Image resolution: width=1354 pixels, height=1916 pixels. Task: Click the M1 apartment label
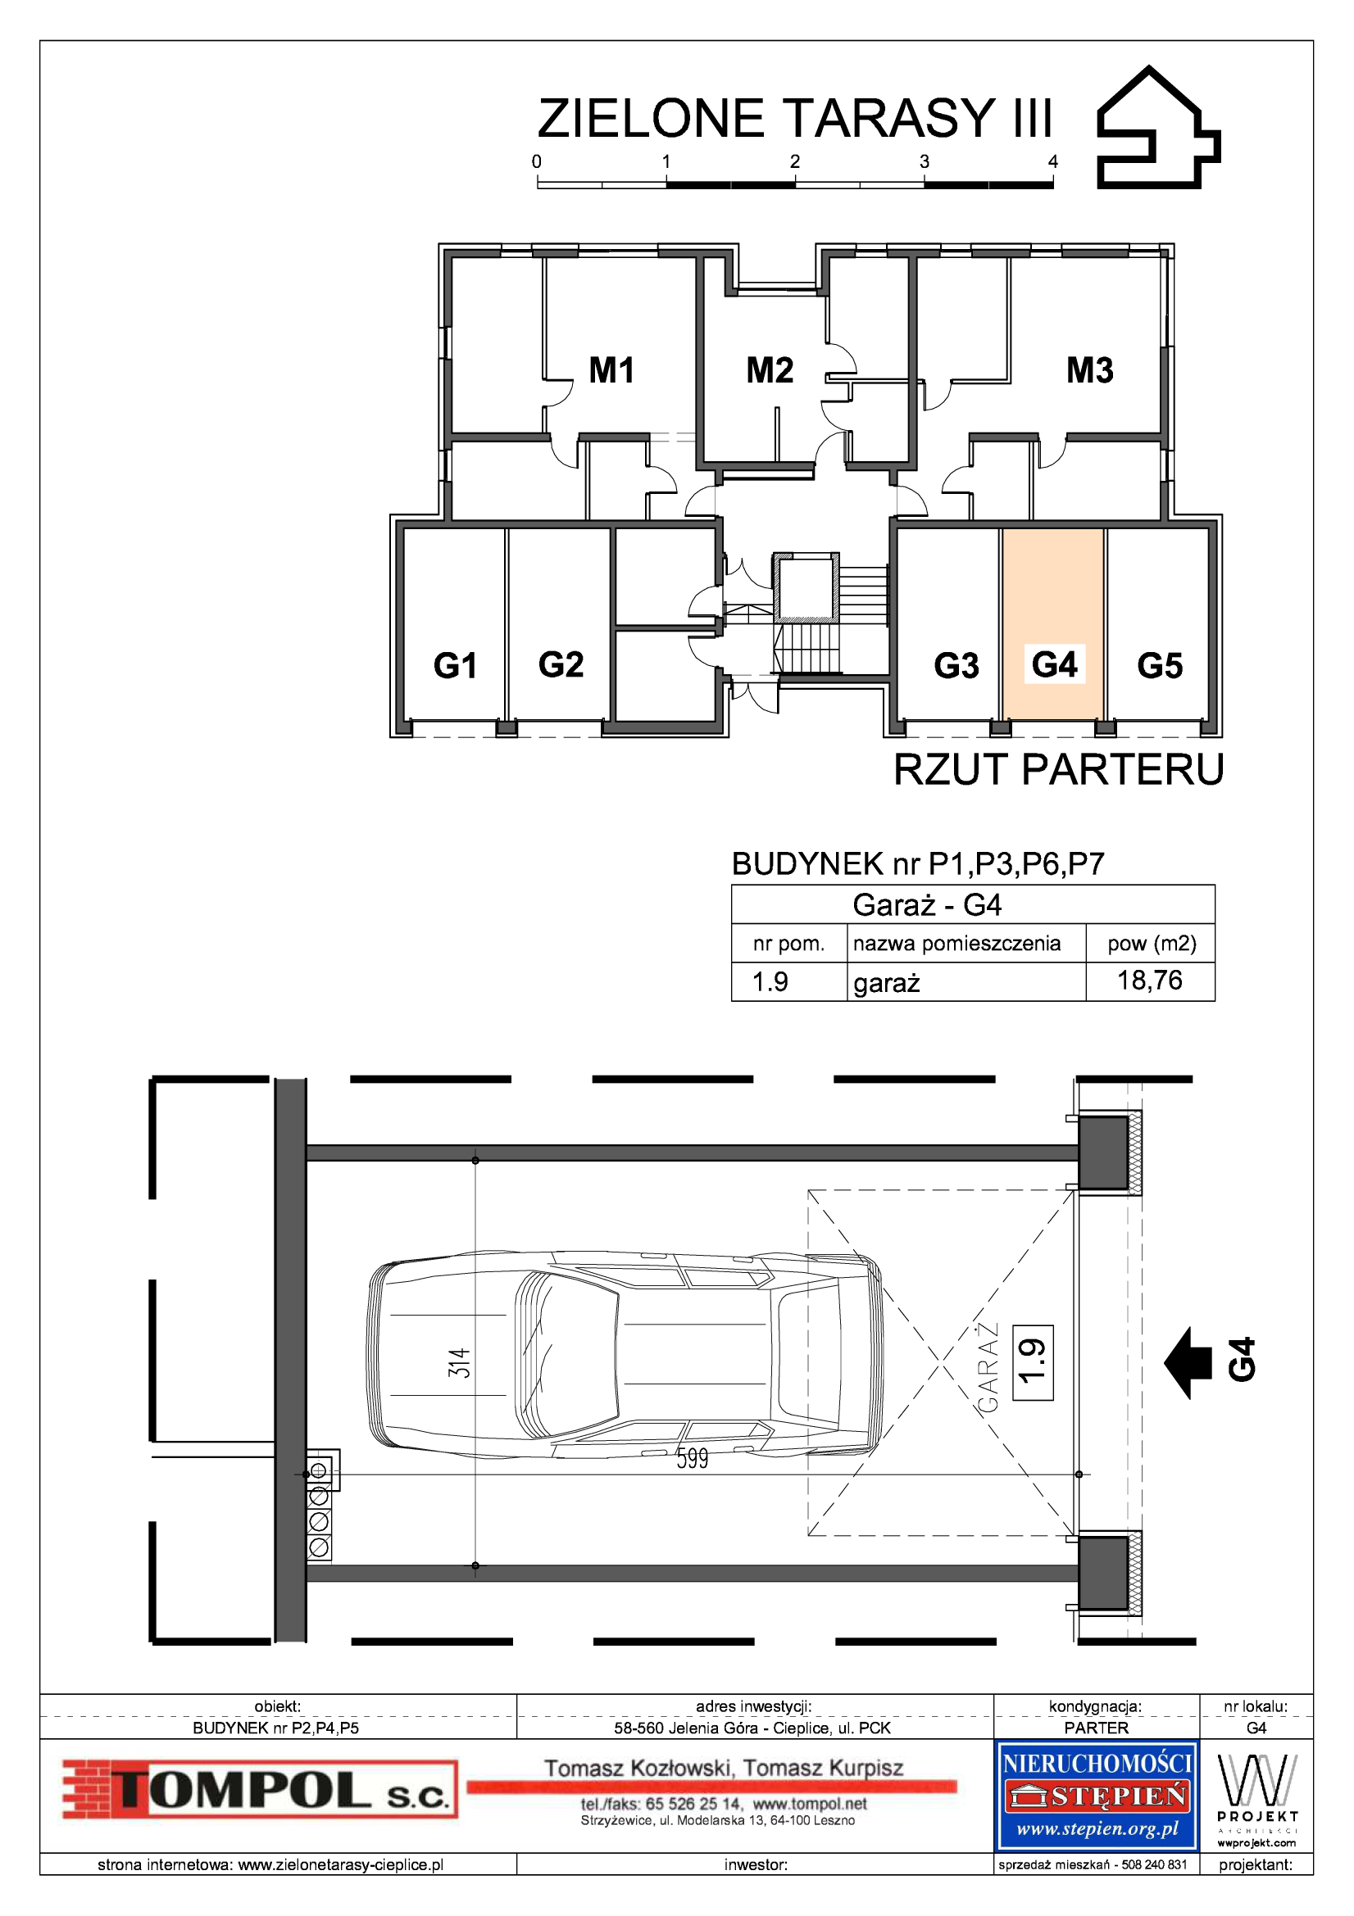[611, 369]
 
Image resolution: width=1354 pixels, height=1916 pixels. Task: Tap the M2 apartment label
[769, 369]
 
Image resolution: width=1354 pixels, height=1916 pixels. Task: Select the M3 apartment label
[1089, 369]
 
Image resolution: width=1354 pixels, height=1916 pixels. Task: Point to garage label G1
[455, 665]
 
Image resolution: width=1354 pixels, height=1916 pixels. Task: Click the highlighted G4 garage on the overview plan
[1053, 623]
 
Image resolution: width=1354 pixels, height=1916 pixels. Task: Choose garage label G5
[1160, 665]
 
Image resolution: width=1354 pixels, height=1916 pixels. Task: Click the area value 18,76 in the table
[1149, 981]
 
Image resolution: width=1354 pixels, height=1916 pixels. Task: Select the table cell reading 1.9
[770, 981]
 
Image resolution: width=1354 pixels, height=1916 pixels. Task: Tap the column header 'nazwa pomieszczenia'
[956, 943]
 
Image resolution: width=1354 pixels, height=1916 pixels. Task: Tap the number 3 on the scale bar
[924, 161]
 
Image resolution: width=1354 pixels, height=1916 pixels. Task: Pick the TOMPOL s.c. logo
[261, 1789]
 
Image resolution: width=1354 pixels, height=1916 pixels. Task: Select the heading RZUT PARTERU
[1058, 769]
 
